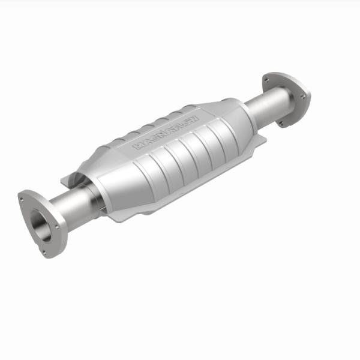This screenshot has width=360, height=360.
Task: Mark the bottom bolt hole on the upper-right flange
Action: tap(280, 123)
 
